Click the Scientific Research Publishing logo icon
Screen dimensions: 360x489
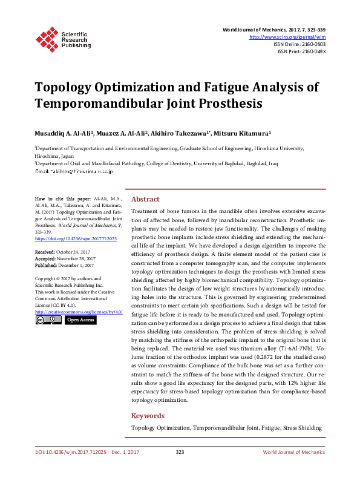[46, 38]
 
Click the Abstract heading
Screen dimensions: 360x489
[145, 199]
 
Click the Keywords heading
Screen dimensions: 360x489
[148, 416]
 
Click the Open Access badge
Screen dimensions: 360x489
[80, 320]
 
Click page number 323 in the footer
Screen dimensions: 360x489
[180, 453]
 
